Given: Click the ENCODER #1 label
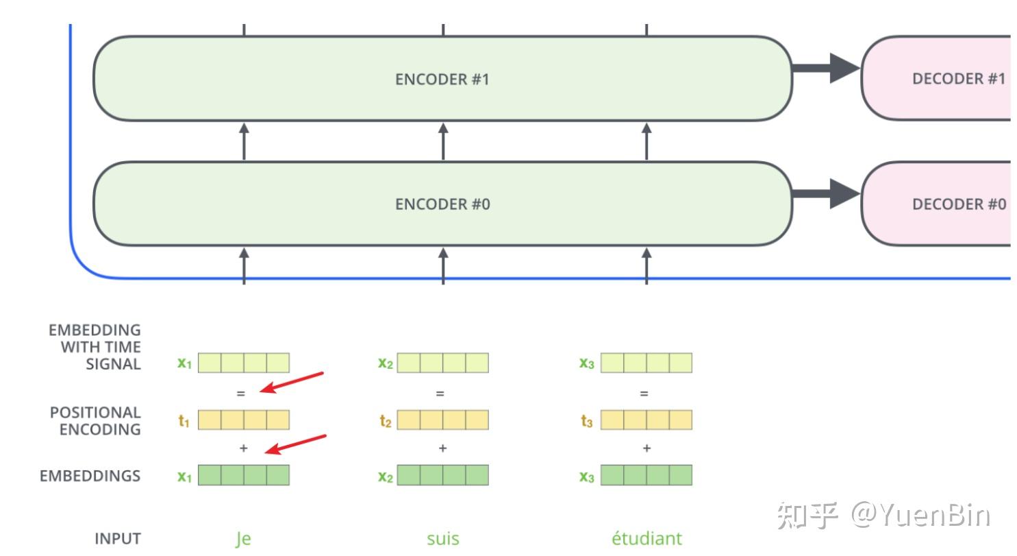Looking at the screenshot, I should pyautogui.click(x=442, y=79).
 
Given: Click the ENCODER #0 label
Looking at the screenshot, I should pyautogui.click(x=442, y=204).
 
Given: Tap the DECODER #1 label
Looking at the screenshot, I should pyautogui.click(x=958, y=79).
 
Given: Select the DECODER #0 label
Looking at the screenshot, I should pyautogui.click(x=958, y=204).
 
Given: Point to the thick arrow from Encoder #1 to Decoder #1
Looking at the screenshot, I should pyautogui.click(x=826, y=67).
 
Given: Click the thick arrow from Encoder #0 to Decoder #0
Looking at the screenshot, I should pyautogui.click(x=826, y=193).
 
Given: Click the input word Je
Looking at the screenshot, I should pyautogui.click(x=243, y=539).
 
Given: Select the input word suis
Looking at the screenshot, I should pyautogui.click(x=442, y=539).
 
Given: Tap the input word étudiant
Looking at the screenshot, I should pyautogui.click(x=646, y=539).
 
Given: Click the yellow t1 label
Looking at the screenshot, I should pyautogui.click(x=184, y=421).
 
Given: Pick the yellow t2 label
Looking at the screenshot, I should pyautogui.click(x=386, y=421).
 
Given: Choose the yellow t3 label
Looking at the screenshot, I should pyautogui.click(x=586, y=421).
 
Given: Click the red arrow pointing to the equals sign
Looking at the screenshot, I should pyautogui.click(x=293, y=383).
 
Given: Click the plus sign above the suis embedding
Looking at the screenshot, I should pyautogui.click(x=442, y=448).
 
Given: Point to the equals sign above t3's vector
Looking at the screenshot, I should pyautogui.click(x=644, y=394).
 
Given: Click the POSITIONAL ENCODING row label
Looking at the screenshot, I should pyautogui.click(x=95, y=421).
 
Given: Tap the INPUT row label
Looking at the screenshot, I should pyautogui.click(x=117, y=539).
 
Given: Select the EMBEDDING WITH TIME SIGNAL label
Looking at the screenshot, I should pyautogui.click(x=95, y=347).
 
